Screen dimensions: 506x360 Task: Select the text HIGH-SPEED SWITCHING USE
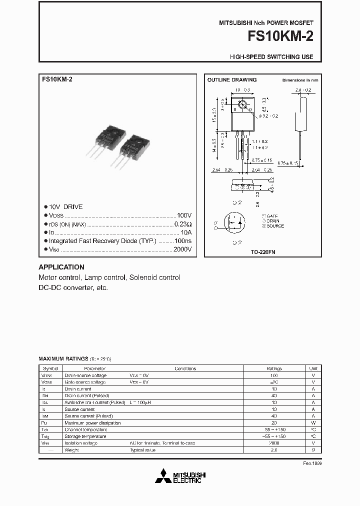click(x=271, y=57)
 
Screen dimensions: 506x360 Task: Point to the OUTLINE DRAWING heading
click(x=231, y=80)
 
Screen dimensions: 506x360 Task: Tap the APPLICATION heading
click(x=61, y=267)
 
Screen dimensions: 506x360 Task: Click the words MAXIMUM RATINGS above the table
click(x=63, y=359)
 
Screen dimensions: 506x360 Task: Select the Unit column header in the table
click(x=313, y=368)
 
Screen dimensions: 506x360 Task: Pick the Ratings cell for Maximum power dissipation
click(x=274, y=422)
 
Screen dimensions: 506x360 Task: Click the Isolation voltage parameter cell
click(x=81, y=443)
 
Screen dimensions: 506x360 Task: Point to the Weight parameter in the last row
click(x=71, y=450)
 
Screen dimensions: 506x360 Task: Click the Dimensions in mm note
click(x=300, y=80)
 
